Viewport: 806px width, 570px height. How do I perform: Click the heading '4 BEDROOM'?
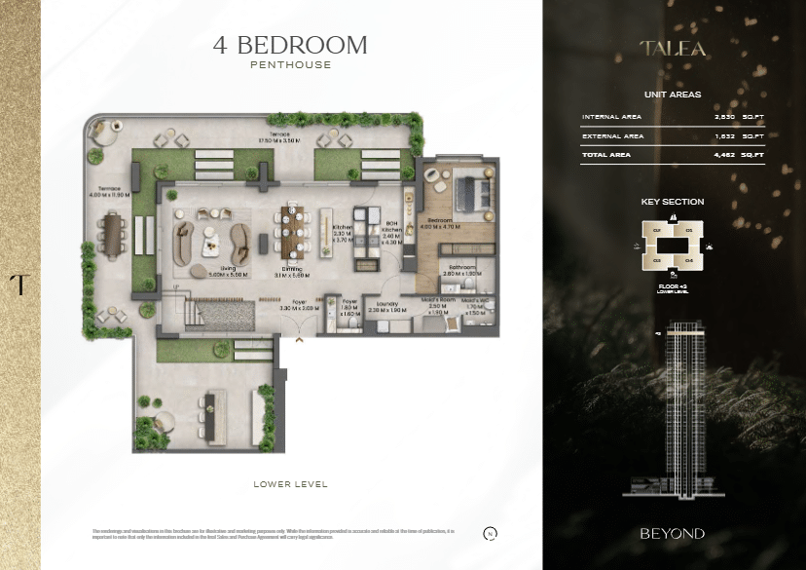290,45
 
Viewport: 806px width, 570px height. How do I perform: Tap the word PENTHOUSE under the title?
290,65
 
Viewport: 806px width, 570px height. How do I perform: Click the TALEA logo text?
672,48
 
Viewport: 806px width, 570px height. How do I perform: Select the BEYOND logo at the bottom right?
672,533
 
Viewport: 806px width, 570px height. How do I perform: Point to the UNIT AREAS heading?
672,95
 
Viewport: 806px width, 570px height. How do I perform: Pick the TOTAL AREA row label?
605,154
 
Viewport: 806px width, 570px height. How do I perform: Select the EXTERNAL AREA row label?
612,136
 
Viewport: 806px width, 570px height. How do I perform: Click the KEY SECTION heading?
672,202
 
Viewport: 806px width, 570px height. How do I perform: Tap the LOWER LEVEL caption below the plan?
290,483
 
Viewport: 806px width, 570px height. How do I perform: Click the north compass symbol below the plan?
490,533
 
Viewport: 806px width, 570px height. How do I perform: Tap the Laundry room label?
388,305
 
